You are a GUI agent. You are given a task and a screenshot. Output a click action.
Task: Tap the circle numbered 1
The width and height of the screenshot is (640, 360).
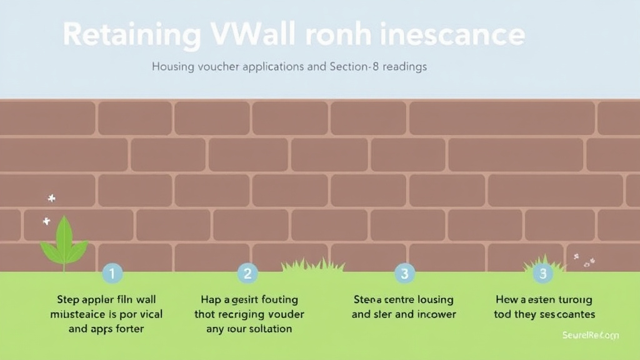[x=112, y=273]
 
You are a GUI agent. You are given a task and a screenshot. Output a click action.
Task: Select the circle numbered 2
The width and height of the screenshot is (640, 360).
[x=247, y=273]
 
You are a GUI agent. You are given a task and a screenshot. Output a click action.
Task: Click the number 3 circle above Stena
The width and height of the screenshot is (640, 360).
[x=404, y=273]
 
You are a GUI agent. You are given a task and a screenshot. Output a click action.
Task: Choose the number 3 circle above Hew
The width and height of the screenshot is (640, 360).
[x=542, y=273]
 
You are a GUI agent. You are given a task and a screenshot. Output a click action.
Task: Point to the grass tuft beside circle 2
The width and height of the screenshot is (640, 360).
[x=312, y=266]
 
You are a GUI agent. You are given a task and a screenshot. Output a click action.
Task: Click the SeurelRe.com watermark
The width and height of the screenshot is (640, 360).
[x=589, y=336]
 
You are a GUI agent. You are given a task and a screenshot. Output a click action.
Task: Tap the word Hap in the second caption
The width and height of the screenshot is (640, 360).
[x=211, y=300]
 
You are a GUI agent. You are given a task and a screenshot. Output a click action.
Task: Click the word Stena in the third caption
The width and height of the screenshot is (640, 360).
[x=367, y=300]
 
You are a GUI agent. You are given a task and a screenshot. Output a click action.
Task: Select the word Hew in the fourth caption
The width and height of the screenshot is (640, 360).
[x=507, y=300]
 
